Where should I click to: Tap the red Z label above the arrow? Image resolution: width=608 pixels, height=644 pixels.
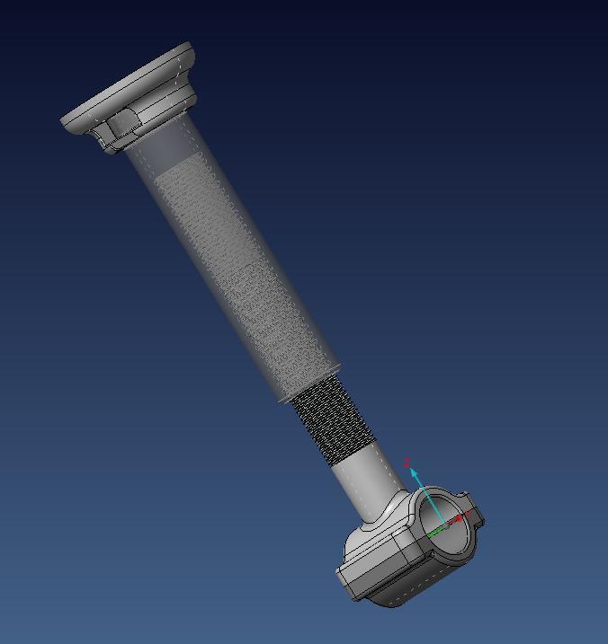[407, 462]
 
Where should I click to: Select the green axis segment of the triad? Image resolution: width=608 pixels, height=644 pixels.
[435, 532]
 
